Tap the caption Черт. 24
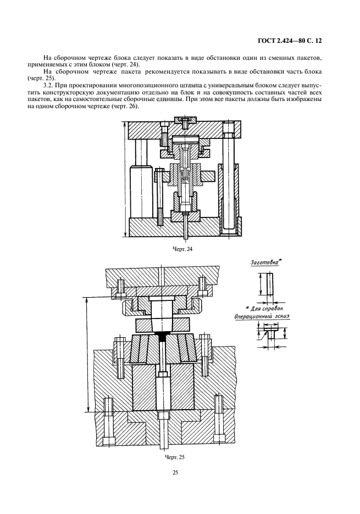point(182,249)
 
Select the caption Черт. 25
point(174,457)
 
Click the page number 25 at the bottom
point(175,473)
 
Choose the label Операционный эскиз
point(262,317)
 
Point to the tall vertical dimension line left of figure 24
point(125,179)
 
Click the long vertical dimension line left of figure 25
point(87,354)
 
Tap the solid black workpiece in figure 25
point(162,336)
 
